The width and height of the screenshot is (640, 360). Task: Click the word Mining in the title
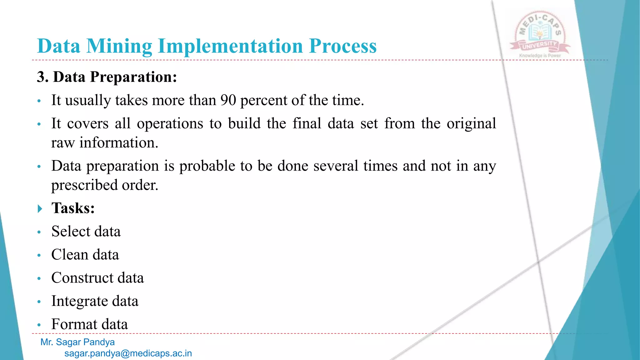point(119,46)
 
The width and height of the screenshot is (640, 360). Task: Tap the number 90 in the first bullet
point(228,100)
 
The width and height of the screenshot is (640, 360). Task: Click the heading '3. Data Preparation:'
point(107,77)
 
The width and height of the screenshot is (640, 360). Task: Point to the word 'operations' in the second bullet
point(170,124)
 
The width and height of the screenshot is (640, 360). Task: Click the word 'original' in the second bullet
point(471,124)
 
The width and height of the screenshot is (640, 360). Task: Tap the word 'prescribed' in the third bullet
point(84,185)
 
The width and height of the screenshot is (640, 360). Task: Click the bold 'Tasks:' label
point(73,208)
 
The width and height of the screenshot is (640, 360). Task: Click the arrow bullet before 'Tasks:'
point(40,208)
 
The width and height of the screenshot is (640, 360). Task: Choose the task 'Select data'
point(86,232)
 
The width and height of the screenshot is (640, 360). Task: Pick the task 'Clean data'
point(85,255)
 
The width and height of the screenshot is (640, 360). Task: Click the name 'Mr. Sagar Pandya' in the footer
point(77,342)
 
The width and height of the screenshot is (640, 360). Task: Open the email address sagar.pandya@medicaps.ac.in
point(128,353)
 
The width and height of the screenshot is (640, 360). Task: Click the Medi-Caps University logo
point(540,33)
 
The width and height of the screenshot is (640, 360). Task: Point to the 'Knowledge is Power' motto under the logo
point(540,56)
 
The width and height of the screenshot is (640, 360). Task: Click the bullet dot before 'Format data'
point(39,325)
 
